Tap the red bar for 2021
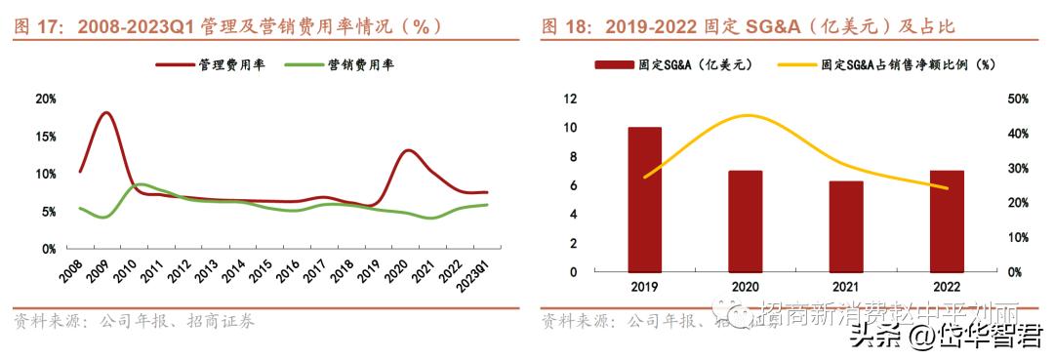(x=846, y=225)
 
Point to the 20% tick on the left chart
(x=45, y=99)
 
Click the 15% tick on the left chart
(x=45, y=137)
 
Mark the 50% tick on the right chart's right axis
(x=1015, y=99)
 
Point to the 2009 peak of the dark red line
(x=105, y=113)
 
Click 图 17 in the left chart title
(x=41, y=26)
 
